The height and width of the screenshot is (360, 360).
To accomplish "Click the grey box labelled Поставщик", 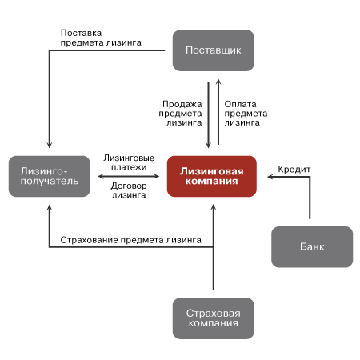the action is [x=214, y=50].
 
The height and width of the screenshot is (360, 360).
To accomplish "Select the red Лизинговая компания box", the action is [x=212, y=176].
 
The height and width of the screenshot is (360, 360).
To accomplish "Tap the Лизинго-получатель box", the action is [x=50, y=176].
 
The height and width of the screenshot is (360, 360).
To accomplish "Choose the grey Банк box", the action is [x=312, y=247].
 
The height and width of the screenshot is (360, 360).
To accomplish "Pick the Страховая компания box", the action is [x=214, y=318].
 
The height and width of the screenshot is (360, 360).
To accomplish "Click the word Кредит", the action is [x=294, y=170].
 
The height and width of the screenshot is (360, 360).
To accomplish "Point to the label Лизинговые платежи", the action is [x=129, y=162].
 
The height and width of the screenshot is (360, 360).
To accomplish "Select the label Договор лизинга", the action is [x=129, y=190].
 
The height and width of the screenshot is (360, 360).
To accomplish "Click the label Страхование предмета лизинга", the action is [x=130, y=240].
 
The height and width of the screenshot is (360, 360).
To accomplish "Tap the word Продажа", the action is [x=182, y=104].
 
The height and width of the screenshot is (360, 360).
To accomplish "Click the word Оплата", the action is [x=240, y=104].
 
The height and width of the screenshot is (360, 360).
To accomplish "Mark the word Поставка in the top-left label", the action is [x=81, y=33].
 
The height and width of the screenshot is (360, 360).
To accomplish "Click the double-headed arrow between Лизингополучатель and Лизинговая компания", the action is [x=129, y=176].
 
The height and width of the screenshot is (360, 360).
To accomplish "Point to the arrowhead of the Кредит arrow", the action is [x=270, y=177].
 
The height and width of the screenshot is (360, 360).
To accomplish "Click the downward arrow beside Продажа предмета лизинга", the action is [x=209, y=115].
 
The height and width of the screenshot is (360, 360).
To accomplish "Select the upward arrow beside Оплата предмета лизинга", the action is [x=218, y=112].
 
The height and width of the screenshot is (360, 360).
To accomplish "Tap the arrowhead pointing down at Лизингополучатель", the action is [x=50, y=146].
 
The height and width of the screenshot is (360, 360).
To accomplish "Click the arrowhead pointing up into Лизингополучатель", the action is [x=50, y=208].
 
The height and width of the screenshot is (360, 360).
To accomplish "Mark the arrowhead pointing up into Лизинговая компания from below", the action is [x=214, y=207].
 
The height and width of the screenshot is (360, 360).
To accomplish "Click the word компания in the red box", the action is [x=212, y=182].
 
